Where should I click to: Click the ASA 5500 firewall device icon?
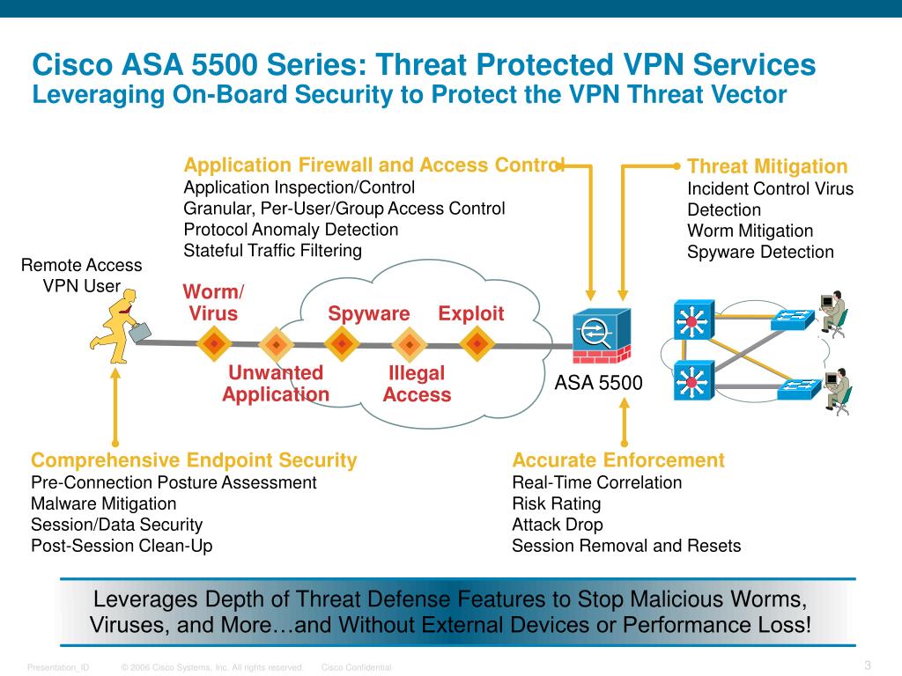tap(601, 337)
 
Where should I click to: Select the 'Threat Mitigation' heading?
tap(766, 167)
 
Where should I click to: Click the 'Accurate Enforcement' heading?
tap(618, 460)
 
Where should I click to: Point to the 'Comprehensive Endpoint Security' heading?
tap(194, 460)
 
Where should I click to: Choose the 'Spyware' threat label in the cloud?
tap(369, 314)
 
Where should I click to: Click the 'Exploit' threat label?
tap(471, 314)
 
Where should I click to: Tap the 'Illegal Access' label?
tap(417, 384)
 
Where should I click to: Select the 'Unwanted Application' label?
tap(276, 384)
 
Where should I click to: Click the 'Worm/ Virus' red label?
tap(213, 303)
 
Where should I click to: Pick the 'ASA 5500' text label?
tap(598, 384)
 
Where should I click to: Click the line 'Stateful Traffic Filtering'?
tap(272, 251)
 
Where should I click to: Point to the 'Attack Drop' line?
tap(558, 525)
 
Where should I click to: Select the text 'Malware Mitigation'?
tap(103, 503)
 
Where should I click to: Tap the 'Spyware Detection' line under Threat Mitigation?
tap(760, 253)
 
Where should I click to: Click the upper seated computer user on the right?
tap(833, 313)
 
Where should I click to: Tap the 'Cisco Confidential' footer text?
tap(357, 668)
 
